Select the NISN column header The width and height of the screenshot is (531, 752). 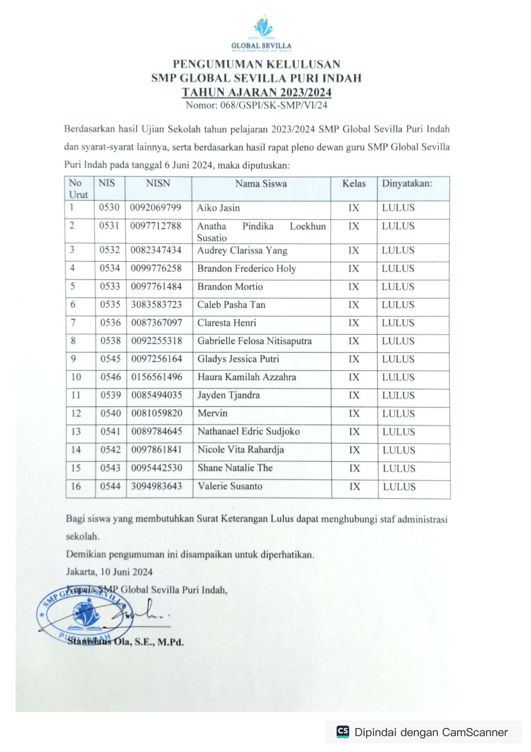[x=158, y=183]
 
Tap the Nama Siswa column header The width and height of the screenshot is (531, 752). [x=261, y=184]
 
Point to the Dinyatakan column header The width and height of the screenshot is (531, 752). [x=407, y=183]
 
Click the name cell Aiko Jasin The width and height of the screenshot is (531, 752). [x=218, y=208]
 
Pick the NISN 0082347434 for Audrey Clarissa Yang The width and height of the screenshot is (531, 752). [x=156, y=250]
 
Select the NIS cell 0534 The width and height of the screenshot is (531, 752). [x=110, y=268]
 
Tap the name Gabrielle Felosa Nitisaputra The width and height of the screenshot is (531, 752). [x=254, y=341]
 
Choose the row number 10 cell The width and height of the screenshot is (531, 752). [x=76, y=377]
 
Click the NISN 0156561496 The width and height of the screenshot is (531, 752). [x=157, y=377]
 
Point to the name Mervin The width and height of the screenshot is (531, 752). [x=213, y=413]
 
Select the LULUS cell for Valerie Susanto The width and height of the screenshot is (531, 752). [x=399, y=487]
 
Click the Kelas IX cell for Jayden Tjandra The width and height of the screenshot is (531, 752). [x=354, y=395]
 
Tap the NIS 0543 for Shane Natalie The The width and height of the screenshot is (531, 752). [x=110, y=468]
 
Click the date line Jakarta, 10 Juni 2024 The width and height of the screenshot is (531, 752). [x=109, y=572]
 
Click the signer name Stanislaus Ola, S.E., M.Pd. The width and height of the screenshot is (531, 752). [x=125, y=642]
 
